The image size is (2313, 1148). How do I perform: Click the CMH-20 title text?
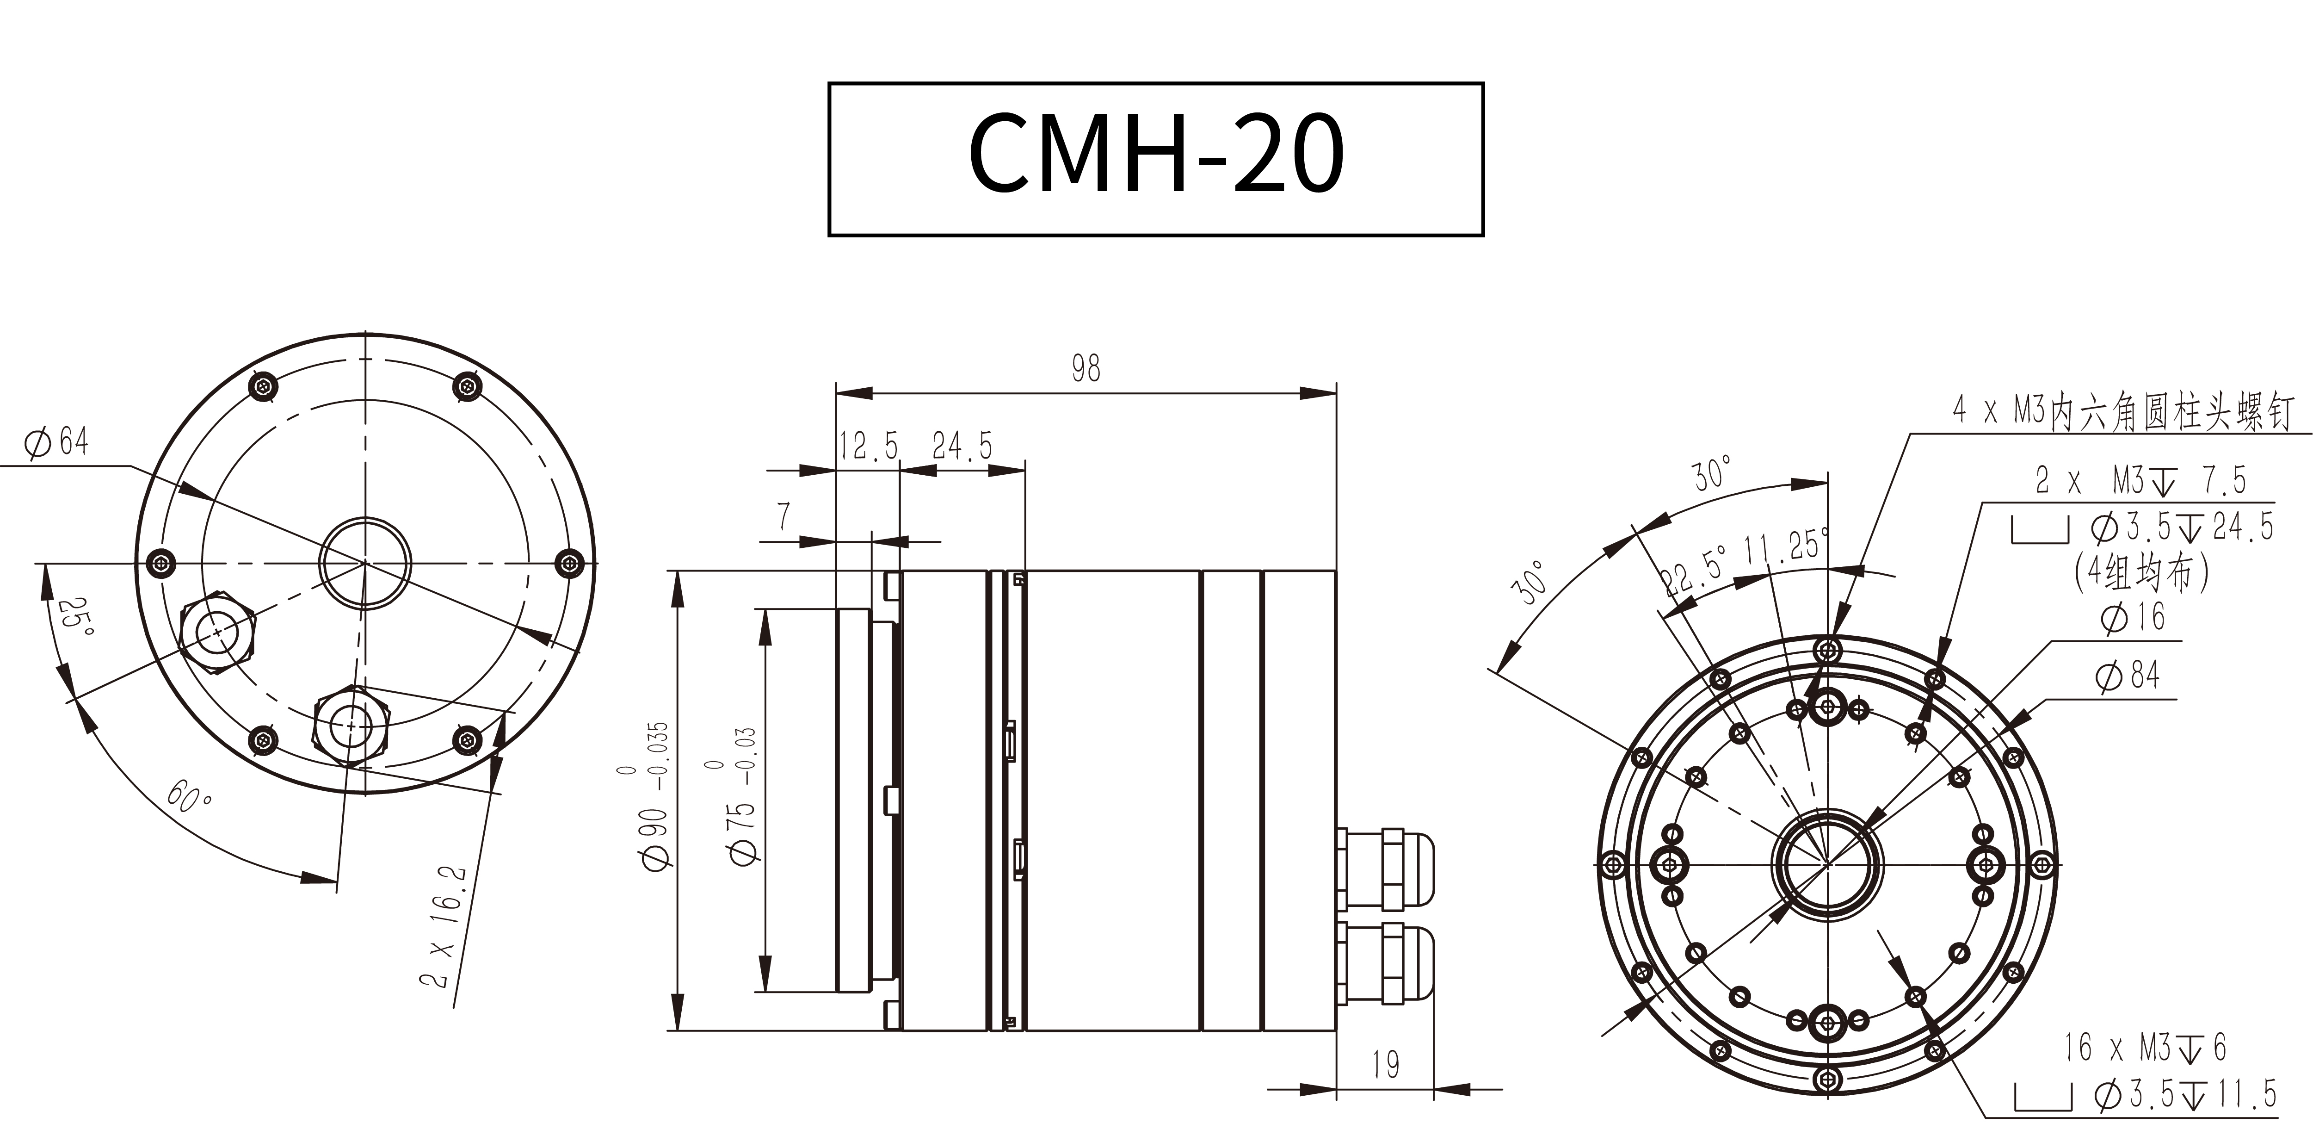1156,153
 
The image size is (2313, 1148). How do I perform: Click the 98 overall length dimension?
1086,368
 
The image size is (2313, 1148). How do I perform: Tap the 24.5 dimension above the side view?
962,446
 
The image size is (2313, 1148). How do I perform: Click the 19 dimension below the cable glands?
1386,1065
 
